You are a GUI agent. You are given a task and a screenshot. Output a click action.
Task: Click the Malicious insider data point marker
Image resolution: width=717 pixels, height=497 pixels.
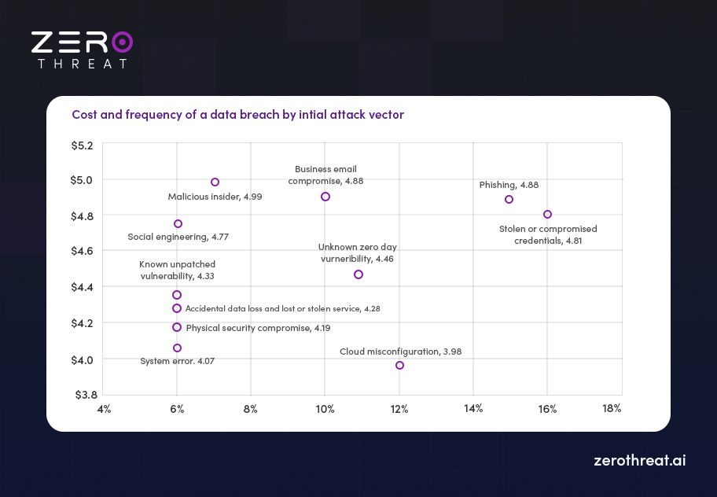pos(215,182)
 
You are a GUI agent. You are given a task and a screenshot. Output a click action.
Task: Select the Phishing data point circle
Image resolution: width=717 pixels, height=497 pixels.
pos(509,200)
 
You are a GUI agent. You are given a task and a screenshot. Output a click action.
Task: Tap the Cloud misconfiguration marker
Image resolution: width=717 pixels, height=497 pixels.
pos(399,365)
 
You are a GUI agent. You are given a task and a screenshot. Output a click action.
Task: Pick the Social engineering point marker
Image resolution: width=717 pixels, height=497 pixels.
pos(178,224)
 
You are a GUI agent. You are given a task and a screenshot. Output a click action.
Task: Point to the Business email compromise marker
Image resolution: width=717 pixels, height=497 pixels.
pos(325,197)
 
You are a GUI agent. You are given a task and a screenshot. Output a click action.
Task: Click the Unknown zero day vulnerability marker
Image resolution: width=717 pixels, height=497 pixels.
pos(358,274)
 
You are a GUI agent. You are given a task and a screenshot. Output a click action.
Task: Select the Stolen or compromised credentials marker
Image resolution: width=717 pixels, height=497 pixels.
pos(547,215)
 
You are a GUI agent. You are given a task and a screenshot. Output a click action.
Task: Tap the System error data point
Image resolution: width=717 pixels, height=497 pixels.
pos(177,348)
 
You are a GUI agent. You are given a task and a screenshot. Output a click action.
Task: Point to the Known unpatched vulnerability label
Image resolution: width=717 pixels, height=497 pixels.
pos(177,271)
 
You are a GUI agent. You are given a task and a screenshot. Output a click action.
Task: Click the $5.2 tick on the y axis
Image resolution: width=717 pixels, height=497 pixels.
pos(83,145)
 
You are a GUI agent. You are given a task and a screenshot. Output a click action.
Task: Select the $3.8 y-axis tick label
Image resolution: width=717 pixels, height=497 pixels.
pos(83,394)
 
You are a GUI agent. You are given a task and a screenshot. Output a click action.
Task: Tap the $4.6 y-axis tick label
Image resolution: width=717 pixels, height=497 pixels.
pos(83,252)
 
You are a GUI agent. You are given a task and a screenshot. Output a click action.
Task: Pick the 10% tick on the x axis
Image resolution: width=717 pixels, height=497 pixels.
pos(325,409)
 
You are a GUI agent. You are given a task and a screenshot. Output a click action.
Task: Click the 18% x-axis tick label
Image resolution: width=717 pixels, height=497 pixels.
pos(612,409)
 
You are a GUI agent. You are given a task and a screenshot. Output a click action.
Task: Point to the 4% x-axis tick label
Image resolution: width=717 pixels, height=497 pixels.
pos(104,409)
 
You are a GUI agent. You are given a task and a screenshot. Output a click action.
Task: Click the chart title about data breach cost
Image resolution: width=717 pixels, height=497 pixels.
pos(237,115)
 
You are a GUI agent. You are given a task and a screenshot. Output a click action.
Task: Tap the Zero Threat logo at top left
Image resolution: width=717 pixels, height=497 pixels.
pos(81,50)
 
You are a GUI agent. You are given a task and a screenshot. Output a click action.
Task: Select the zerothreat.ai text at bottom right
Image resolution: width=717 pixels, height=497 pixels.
pos(639,461)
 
